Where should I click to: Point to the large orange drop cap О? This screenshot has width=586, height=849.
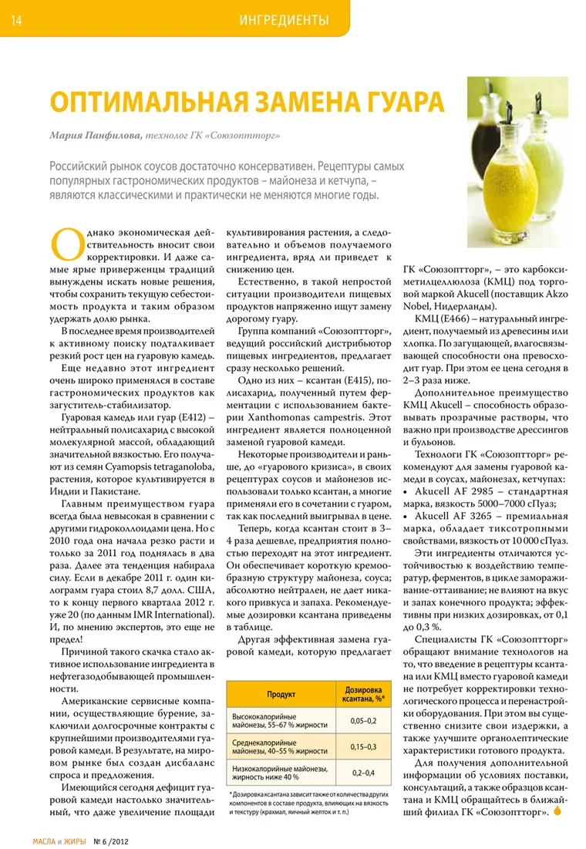point(63,243)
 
